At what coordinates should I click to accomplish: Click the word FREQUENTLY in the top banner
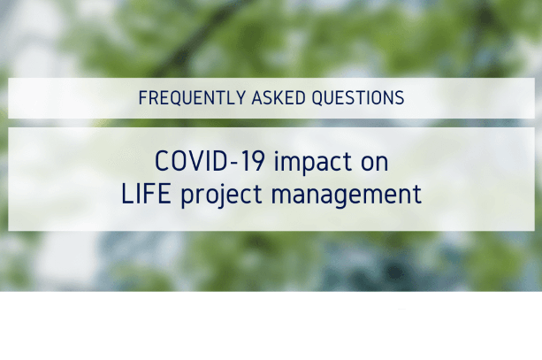tap(192, 98)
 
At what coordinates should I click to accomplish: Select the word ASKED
tap(279, 98)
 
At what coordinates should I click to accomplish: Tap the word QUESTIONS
tap(358, 98)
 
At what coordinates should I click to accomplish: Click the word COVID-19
tap(210, 161)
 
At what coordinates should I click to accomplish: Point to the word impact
tap(312, 164)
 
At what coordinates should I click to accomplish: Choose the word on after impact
tap(375, 165)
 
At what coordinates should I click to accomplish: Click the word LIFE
tap(146, 194)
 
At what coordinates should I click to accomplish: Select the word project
tap(221, 195)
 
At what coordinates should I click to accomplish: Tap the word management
tap(347, 196)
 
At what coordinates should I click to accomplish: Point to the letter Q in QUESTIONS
tap(317, 98)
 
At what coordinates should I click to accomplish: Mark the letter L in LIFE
tap(127, 194)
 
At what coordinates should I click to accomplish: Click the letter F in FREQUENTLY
tap(142, 98)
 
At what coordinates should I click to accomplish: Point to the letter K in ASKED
tap(280, 98)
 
